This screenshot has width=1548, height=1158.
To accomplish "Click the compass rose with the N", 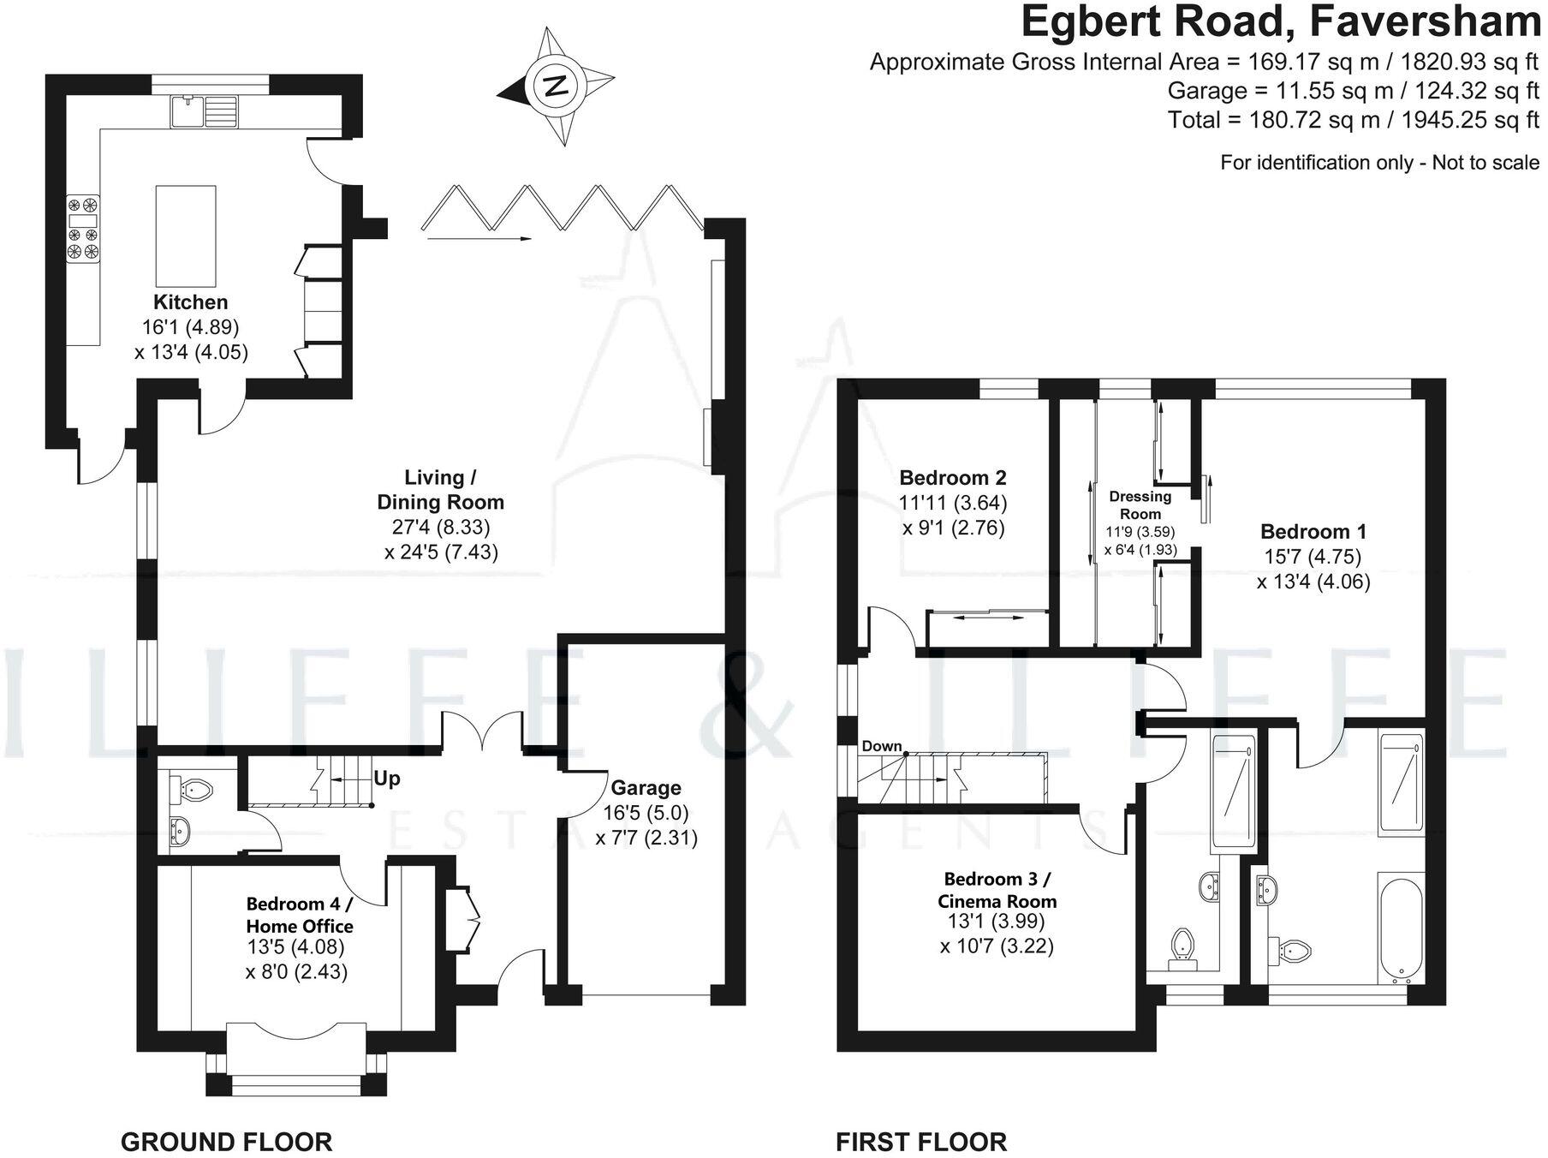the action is coord(557,86).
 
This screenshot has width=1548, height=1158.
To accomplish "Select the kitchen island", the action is coord(186,236).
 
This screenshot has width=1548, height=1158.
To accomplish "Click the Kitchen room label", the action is coord(190,301).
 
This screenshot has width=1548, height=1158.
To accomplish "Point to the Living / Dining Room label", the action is coord(440,489).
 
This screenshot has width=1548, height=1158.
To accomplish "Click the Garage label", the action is coord(646,787).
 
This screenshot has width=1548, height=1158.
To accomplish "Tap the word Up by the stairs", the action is coord(387,779).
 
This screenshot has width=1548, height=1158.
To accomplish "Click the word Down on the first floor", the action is coord(882,746).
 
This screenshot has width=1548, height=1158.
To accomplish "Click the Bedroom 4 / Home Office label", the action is coord(299,915).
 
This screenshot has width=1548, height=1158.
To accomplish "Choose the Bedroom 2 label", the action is coord(953,477).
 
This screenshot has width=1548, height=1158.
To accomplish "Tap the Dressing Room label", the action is coord(1140,504).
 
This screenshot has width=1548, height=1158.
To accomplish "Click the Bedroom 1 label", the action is coord(1313,531).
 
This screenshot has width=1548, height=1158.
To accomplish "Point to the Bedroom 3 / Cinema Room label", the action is coord(997,890).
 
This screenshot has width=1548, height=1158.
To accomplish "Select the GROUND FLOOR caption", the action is coord(226,1118).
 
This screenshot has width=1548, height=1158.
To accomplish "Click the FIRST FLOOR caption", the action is coord(921,1118).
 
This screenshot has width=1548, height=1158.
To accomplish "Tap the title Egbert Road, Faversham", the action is coord(1280,22).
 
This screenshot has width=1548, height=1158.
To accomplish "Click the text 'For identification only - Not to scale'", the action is coord(1379,163).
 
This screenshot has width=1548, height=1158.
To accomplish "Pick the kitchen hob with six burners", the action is coord(84,228).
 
